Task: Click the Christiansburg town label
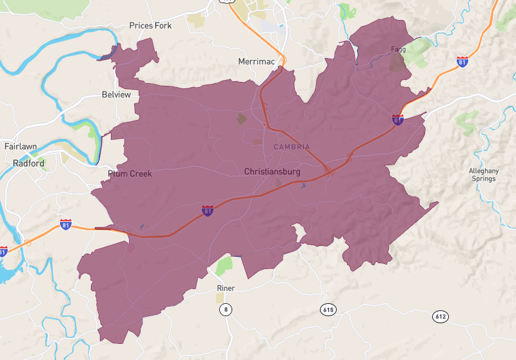point(272,172)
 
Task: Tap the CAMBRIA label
point(292,147)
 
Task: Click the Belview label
point(116,95)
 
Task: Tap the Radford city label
point(28,164)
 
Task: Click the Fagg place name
point(398,49)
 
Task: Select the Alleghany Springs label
point(482,174)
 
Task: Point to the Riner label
point(226,288)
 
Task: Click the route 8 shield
point(225,310)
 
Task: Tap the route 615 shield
point(328,310)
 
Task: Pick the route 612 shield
point(440,317)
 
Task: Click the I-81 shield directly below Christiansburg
point(207,211)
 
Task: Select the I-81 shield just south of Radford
point(66,224)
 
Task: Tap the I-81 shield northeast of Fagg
point(462,62)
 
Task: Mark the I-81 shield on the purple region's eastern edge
point(398,119)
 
